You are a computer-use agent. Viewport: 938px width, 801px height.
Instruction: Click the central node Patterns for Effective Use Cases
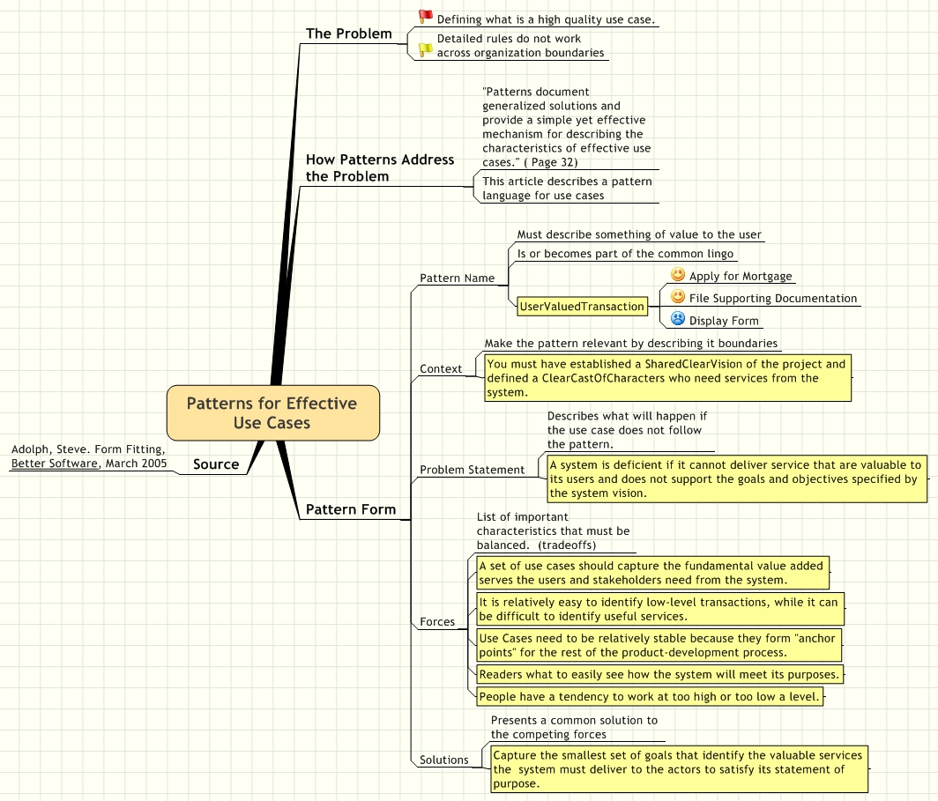(x=272, y=412)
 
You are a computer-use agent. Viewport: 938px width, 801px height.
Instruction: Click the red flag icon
(x=426, y=17)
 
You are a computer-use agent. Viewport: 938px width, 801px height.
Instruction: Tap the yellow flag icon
(x=426, y=50)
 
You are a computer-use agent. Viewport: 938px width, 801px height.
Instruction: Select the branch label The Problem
(x=348, y=33)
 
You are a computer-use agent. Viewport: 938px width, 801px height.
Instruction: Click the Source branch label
(x=216, y=464)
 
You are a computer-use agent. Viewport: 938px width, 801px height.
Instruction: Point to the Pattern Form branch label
(x=350, y=509)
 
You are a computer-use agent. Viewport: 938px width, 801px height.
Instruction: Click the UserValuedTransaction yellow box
(x=582, y=307)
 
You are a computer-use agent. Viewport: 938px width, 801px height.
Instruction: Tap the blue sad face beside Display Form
(x=678, y=319)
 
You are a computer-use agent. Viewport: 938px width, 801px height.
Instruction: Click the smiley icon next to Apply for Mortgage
(x=678, y=275)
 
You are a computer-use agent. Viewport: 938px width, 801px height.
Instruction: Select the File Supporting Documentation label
(x=772, y=299)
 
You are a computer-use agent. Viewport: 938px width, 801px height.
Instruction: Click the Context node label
(x=441, y=369)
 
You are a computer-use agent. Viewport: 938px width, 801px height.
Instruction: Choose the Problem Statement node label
(x=472, y=470)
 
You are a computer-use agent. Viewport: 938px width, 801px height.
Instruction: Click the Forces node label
(x=437, y=622)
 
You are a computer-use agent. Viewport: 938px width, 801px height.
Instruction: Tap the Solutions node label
(x=443, y=760)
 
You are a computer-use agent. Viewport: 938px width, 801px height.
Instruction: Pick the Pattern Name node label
(x=457, y=278)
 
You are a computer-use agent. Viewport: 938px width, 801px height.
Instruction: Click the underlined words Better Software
(x=55, y=463)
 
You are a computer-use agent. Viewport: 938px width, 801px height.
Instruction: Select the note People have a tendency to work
(x=650, y=696)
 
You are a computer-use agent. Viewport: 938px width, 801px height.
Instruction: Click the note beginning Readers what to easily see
(x=659, y=674)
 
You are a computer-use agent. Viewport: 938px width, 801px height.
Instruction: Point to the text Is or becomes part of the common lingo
(x=625, y=254)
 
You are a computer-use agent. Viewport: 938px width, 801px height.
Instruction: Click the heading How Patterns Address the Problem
(x=379, y=167)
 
